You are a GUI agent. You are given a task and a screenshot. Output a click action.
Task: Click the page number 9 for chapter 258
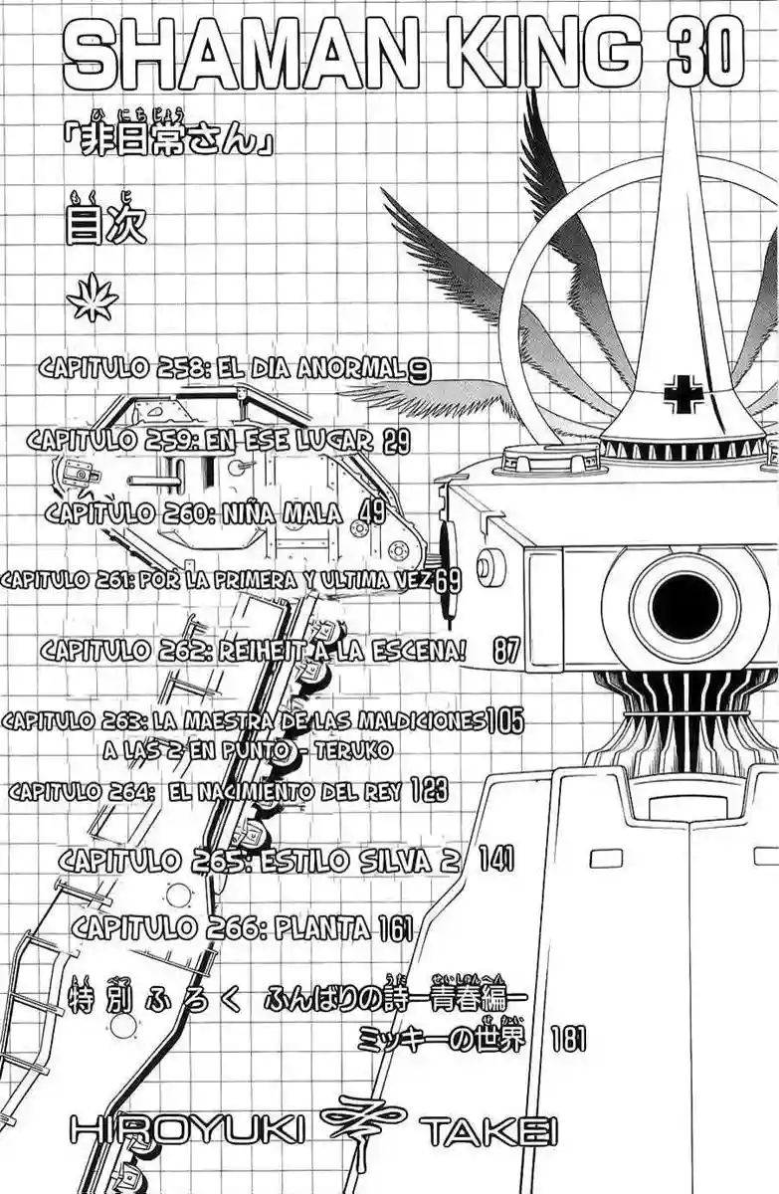click(419, 370)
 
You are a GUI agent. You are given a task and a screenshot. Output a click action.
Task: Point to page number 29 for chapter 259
click(395, 442)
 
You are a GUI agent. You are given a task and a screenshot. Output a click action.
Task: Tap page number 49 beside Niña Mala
click(373, 512)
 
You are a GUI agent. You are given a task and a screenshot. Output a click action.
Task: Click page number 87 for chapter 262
click(506, 652)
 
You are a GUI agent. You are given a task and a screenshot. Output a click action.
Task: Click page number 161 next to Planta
click(394, 928)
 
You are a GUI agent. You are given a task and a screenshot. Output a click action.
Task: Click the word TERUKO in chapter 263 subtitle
click(359, 748)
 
